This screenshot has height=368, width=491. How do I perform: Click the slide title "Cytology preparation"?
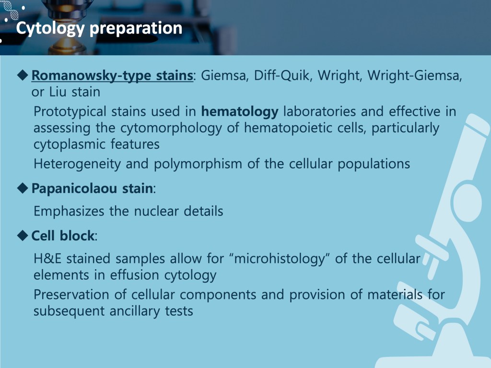pos(99,28)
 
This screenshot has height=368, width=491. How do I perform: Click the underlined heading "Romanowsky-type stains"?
pos(112,75)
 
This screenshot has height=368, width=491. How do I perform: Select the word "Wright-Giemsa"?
pos(415,75)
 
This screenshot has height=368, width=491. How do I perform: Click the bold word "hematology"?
pos(240,112)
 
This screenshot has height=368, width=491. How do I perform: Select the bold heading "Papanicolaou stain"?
pos(92,189)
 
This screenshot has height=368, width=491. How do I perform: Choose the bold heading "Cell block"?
pos(63,236)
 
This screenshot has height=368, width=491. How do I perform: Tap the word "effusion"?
pos(135,275)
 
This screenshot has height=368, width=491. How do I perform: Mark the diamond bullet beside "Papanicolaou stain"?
pos(23,189)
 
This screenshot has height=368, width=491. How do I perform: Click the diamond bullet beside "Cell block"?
pos(23,236)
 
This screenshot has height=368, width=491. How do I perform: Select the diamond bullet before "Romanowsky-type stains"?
pos(23,75)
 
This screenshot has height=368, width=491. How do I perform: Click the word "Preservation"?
pos(71,295)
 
